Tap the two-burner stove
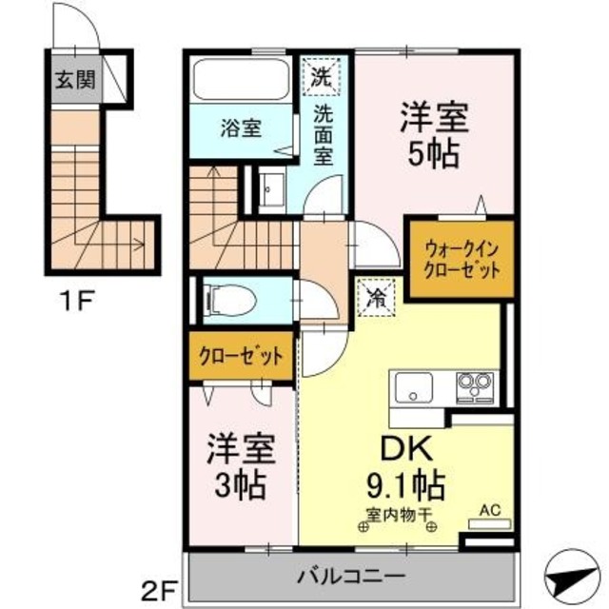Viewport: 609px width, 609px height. point(473,387)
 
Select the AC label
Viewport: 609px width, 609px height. point(488,510)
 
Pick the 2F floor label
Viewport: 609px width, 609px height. point(164,580)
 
